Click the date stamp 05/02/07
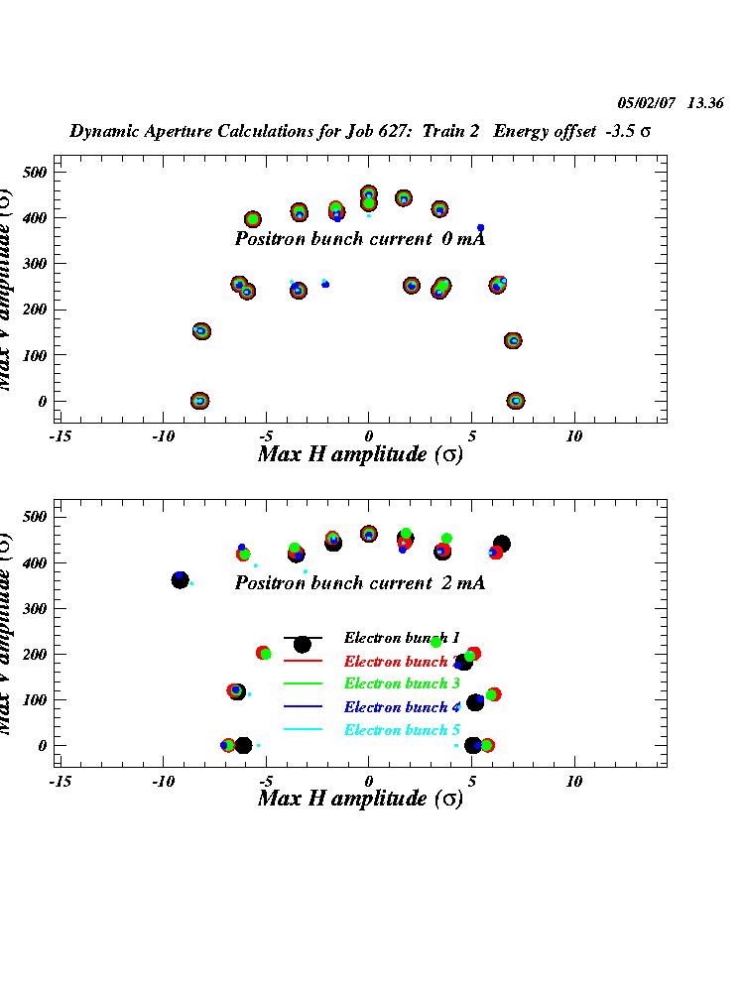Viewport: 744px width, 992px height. pos(646,103)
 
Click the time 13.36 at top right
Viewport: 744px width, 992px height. pos(705,103)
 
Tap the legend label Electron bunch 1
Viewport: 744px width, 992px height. pos(395,637)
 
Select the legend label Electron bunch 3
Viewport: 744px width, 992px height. pos(395,683)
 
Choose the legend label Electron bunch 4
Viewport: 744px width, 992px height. pos(395,707)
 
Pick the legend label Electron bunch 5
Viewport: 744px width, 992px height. pos(395,730)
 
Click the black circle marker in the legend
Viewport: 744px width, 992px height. pos(303,645)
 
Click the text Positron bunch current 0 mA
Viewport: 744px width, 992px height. pos(359,239)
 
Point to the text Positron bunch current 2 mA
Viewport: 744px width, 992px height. pos(359,583)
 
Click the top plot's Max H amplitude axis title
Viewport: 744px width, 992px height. pos(359,454)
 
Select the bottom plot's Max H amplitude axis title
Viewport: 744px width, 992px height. pos(359,799)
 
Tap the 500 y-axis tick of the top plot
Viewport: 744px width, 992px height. pos(37,172)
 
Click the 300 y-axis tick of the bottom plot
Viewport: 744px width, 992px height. pos(37,608)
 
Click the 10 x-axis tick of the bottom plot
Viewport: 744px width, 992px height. pos(573,781)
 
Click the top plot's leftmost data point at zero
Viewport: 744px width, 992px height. pos(199,401)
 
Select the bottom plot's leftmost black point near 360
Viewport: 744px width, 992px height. pos(180,580)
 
